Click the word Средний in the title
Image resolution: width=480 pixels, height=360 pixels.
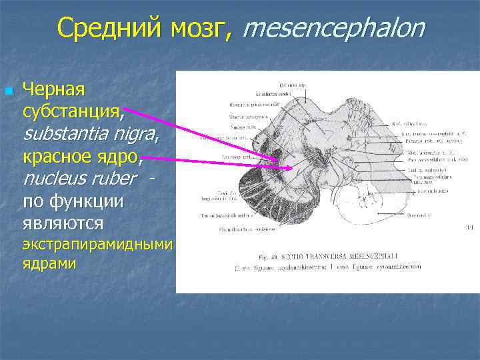[x=107, y=27]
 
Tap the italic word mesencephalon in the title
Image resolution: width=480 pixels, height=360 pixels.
[x=333, y=28]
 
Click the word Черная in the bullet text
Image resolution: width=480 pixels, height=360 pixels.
[x=53, y=88]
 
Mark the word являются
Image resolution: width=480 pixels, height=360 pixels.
[x=63, y=222]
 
